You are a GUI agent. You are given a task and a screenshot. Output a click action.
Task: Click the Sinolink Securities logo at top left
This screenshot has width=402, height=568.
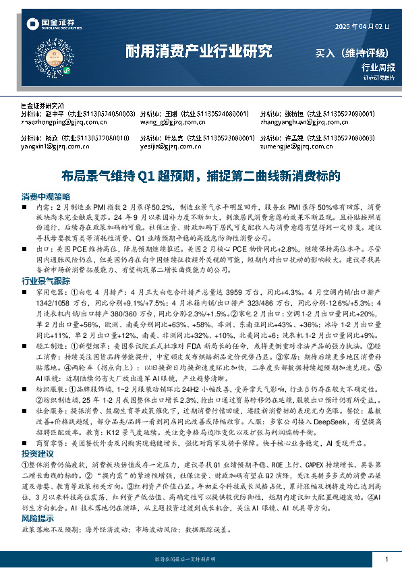[x=49, y=26]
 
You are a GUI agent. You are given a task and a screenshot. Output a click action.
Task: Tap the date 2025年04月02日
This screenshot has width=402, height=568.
[x=362, y=27]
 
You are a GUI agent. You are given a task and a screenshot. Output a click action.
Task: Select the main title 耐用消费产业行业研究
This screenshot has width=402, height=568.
[x=200, y=51]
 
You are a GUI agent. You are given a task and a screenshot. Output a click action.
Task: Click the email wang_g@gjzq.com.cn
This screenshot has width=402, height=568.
[x=171, y=123]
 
